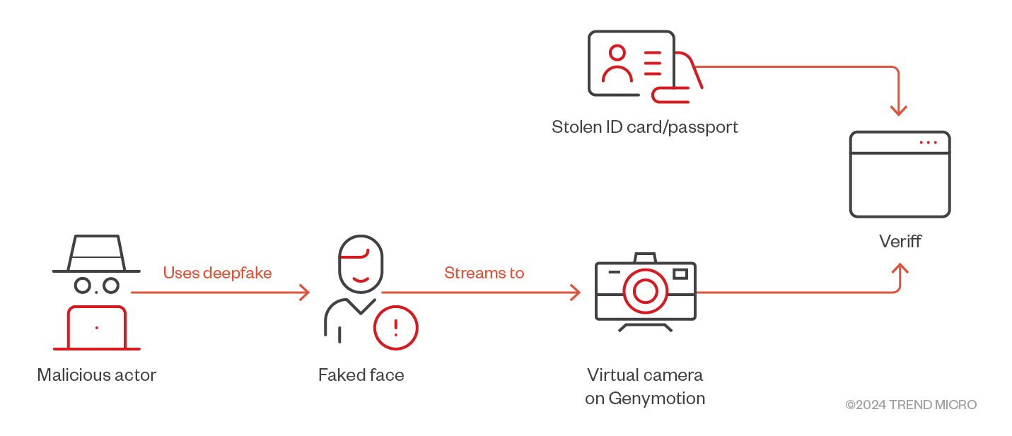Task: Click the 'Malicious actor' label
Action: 96,375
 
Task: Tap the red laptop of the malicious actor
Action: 97,328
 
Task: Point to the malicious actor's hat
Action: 96,254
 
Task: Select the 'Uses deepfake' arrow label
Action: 217,273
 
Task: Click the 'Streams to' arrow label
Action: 484,273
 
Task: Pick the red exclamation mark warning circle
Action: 395,328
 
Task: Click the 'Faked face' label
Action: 361,375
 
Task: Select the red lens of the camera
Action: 645,290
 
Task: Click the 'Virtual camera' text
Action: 645,375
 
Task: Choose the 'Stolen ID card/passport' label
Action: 645,127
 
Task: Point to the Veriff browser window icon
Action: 900,175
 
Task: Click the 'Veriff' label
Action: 900,241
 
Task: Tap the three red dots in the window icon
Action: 928,143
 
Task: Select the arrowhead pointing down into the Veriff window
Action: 899,110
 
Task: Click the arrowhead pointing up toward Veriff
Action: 900,269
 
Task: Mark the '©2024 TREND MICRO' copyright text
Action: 911,405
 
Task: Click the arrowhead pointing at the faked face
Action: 305,292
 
